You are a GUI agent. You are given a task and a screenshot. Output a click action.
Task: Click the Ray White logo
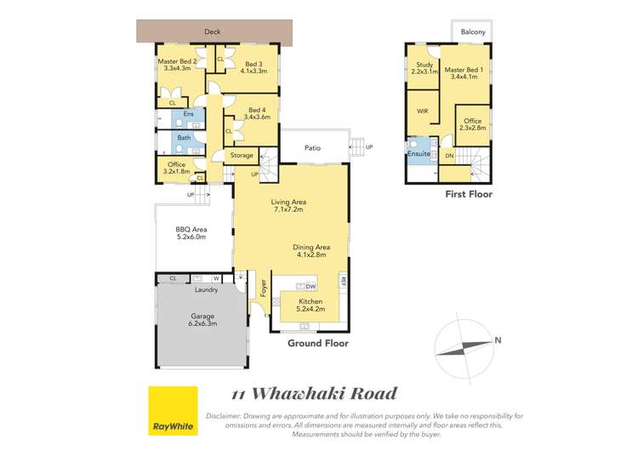tap(173, 410)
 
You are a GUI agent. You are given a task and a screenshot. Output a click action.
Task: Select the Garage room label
tap(202, 320)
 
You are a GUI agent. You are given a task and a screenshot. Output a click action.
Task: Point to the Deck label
tap(213, 32)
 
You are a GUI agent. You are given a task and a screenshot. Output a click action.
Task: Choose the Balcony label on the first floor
tap(473, 32)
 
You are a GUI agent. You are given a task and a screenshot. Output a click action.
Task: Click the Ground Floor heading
tap(318, 344)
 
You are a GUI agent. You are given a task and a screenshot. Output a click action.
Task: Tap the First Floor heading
tap(469, 195)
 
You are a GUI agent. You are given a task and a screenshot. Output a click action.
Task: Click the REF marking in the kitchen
tap(344, 282)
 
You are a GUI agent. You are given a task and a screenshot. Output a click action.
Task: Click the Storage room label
tap(242, 156)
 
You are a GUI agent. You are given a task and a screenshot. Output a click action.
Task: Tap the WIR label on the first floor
tap(423, 111)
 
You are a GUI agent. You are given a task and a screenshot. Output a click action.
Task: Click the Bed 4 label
tap(256, 111)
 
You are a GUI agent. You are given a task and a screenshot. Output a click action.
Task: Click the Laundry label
tap(207, 290)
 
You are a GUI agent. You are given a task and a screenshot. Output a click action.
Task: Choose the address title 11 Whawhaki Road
tap(315, 393)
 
